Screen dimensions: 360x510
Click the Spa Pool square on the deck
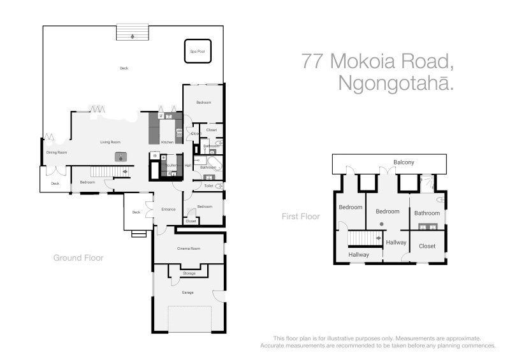197,51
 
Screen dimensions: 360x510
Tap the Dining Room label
56,152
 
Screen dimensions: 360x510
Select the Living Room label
110,142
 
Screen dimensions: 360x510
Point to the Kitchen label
167,141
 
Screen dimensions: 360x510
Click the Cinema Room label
189,248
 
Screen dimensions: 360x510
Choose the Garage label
187,292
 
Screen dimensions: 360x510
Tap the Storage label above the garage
188,273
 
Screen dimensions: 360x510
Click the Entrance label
168,209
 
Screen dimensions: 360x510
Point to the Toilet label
208,186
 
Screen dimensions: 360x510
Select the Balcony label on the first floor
404,162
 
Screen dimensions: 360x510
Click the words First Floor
300,217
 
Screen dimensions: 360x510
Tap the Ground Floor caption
78,258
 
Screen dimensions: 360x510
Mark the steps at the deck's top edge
132,32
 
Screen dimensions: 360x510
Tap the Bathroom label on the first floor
426,213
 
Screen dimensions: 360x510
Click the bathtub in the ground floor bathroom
214,164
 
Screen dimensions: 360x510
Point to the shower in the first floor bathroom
427,184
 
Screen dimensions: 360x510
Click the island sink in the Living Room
120,157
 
